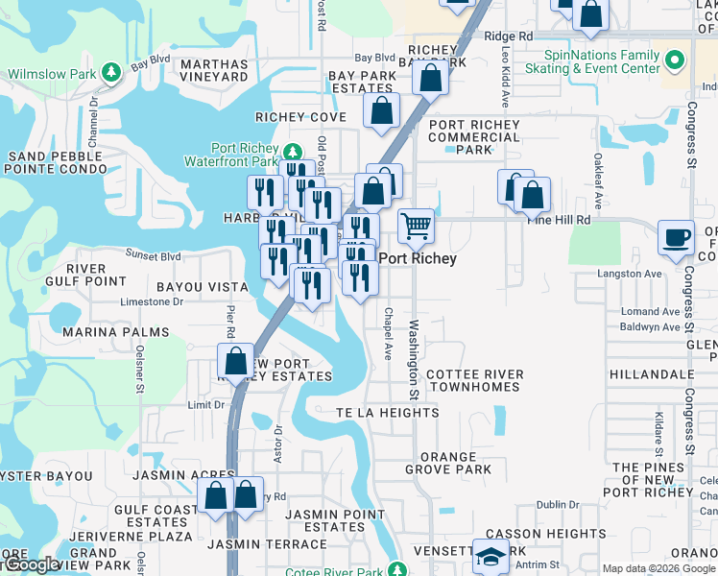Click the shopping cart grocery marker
(416, 227)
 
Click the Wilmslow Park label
(54, 73)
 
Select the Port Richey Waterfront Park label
(247, 155)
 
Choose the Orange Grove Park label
(454, 464)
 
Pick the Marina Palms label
(115, 332)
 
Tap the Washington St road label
(415, 360)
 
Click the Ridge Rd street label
(509, 36)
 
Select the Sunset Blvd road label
(154, 256)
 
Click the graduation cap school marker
(491, 557)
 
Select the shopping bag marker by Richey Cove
(381, 110)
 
